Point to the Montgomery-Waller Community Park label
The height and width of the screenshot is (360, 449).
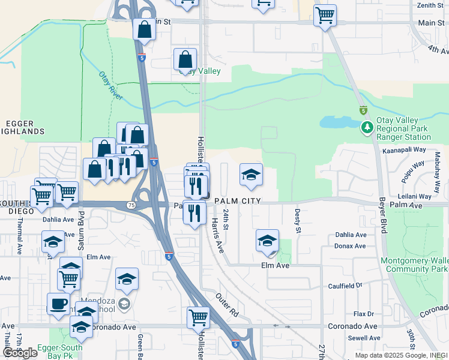(415, 265)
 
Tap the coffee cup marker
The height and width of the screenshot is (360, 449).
(58, 304)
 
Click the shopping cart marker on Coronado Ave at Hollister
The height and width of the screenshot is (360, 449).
(198, 317)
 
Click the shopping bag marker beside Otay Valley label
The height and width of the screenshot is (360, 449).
(185, 59)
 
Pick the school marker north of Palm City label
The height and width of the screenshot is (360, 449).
(251, 175)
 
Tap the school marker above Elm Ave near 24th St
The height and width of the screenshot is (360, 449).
(267, 241)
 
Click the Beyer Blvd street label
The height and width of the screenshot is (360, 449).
(382, 217)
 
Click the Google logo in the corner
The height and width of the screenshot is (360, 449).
(20, 353)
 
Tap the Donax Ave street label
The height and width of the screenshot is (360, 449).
(351, 246)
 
